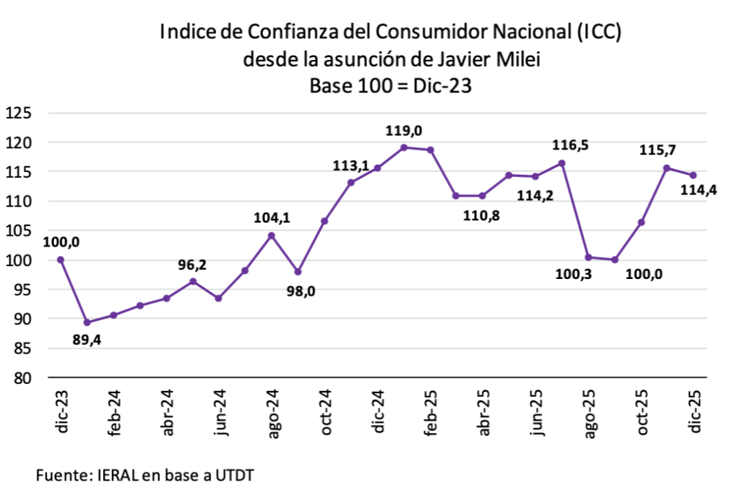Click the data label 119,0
[405, 131]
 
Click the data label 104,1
[271, 218]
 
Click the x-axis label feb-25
[432, 413]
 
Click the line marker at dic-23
[61, 259]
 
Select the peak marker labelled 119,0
[404, 147]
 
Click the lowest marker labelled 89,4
[87, 322]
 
